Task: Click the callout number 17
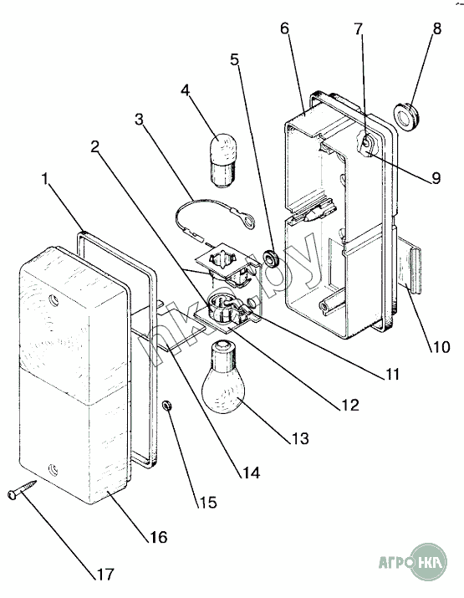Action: tap(105, 574)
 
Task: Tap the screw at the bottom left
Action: tap(22, 489)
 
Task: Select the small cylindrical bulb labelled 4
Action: tap(223, 161)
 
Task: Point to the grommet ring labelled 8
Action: tap(407, 115)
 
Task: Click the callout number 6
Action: tap(285, 28)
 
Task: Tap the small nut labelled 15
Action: tap(166, 405)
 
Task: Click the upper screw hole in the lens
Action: tap(54, 299)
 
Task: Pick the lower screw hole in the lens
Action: tap(53, 468)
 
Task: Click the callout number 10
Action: tap(441, 347)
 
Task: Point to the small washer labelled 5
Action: tap(272, 258)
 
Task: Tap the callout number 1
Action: tap(46, 179)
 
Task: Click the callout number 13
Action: tap(299, 438)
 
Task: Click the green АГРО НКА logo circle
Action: tap(430, 562)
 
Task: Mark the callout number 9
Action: tap(436, 178)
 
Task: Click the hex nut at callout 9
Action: tap(367, 146)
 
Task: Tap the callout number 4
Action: tap(186, 91)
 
